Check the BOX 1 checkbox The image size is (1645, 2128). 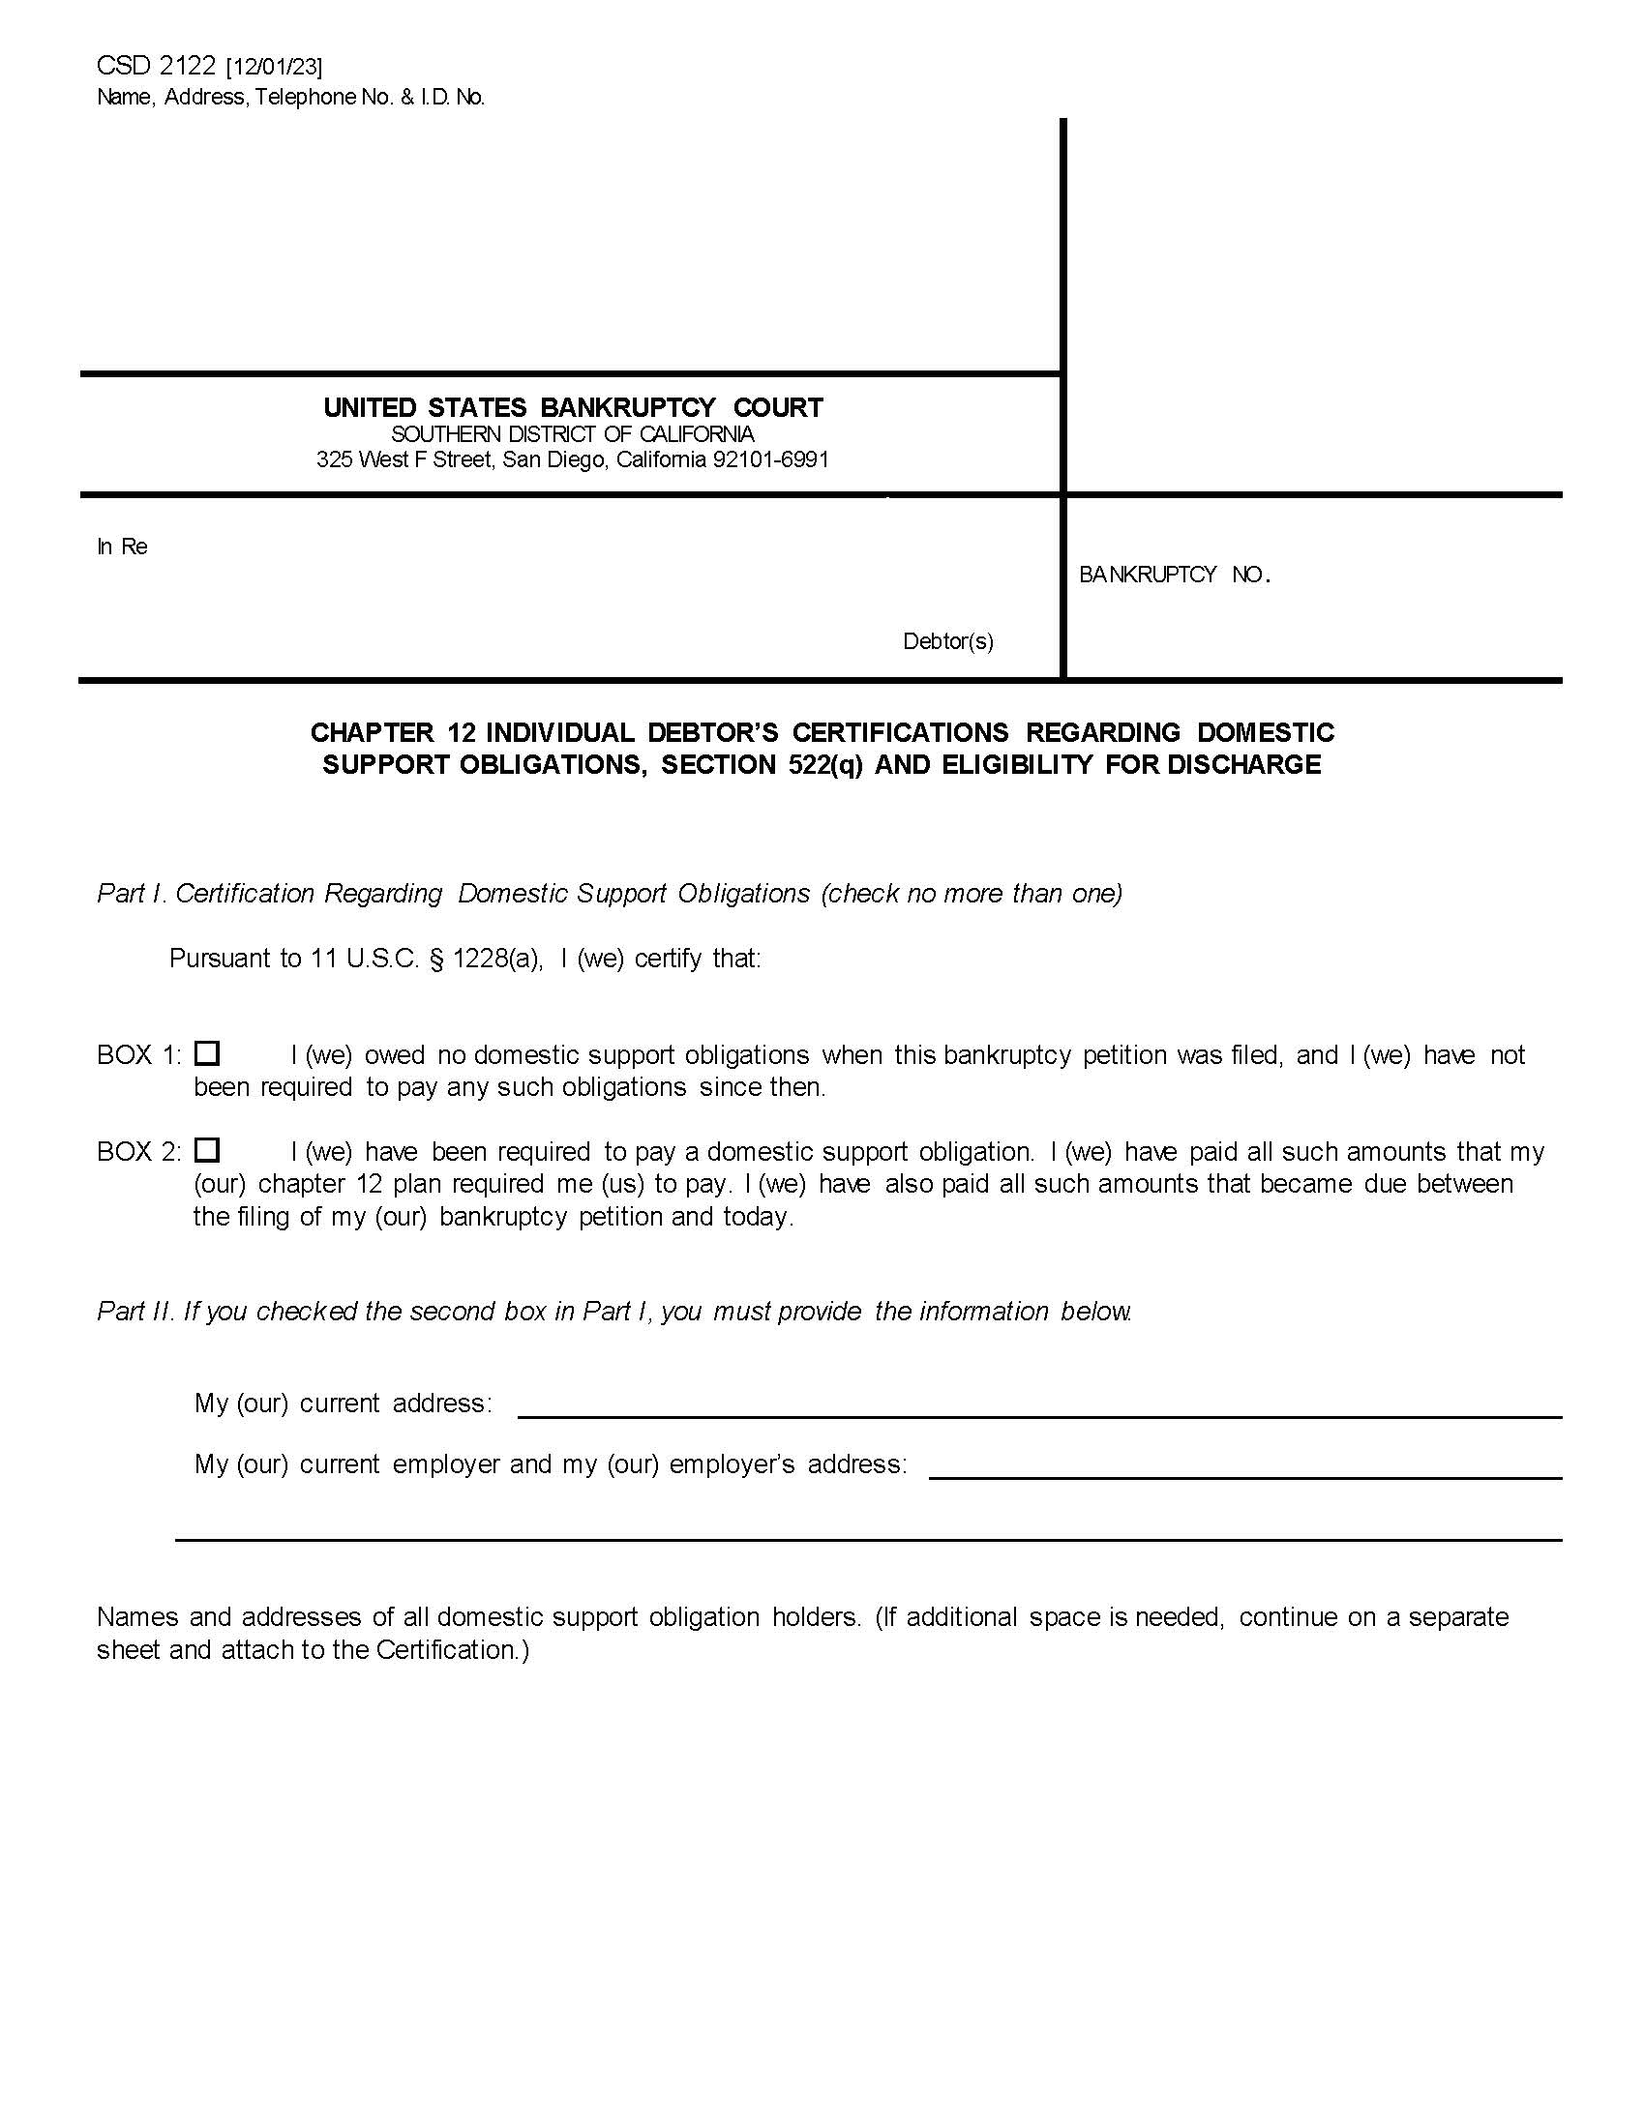(207, 1053)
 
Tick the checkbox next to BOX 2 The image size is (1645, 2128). (207, 1150)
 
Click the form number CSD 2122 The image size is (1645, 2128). (156, 66)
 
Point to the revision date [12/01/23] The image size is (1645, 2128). (274, 68)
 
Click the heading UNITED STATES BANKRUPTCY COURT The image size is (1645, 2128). (573, 407)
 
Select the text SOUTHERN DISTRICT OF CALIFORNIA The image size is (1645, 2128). (573, 434)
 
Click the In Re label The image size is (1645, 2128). (122, 547)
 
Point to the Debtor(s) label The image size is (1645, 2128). (948, 641)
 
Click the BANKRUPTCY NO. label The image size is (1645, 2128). (1175, 575)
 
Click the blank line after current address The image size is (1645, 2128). (1039, 1415)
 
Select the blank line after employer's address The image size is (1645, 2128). (1244, 1476)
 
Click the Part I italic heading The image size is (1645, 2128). (609, 894)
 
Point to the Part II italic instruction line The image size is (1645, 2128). (613, 1312)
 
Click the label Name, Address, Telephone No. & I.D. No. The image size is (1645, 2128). (290, 98)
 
